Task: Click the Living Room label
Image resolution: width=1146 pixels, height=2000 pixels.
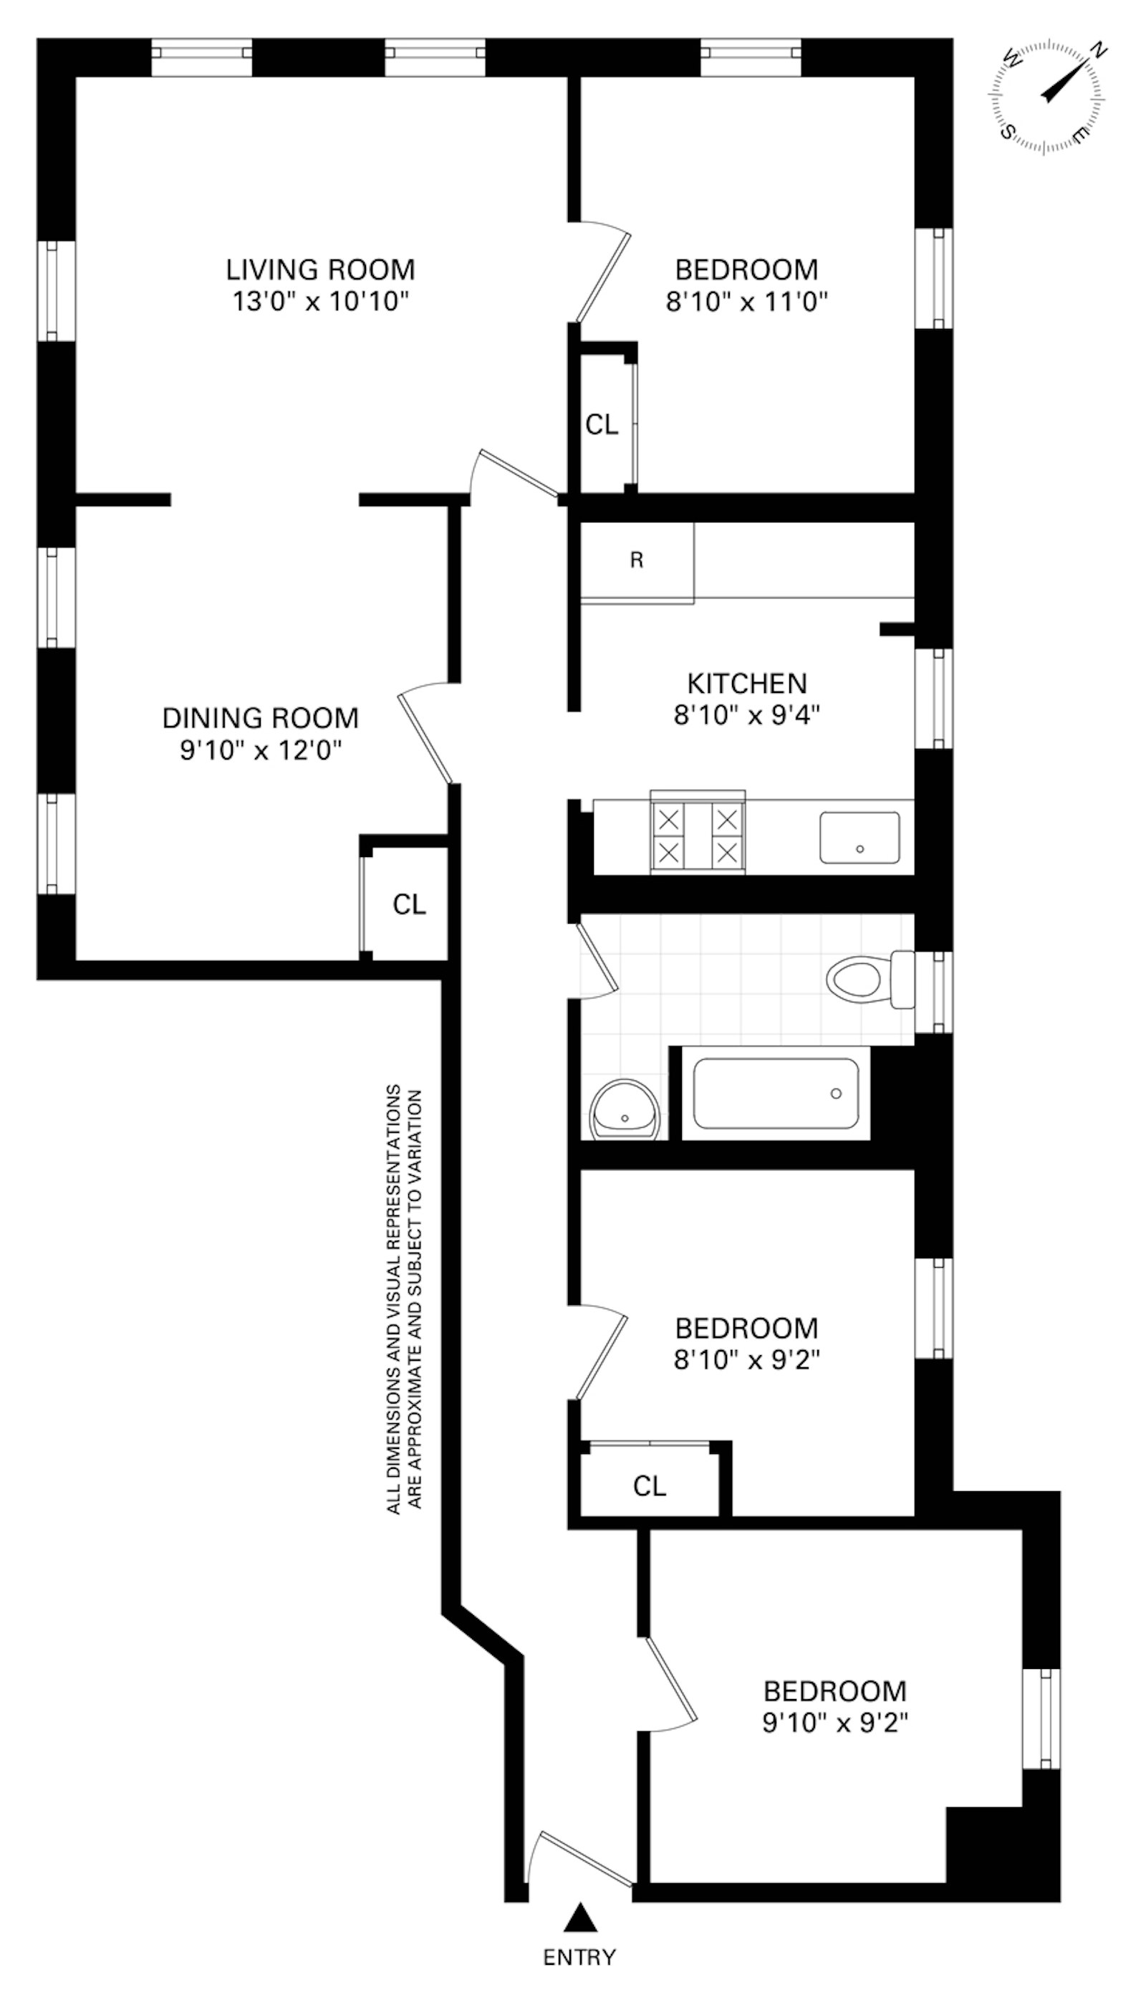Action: click(x=320, y=270)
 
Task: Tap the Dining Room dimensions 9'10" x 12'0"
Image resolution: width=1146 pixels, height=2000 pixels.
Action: click(x=261, y=750)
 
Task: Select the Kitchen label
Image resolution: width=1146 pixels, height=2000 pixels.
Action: click(x=747, y=683)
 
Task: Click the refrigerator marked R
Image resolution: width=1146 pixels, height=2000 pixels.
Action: click(x=637, y=561)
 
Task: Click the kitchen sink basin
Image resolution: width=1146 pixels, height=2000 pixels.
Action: click(x=860, y=837)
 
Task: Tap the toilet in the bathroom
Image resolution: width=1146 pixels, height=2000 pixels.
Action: click(x=866, y=979)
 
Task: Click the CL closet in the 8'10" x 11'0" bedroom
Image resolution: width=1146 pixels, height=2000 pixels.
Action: click(x=602, y=425)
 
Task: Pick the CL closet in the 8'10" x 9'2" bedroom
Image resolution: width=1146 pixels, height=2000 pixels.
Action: click(x=650, y=1487)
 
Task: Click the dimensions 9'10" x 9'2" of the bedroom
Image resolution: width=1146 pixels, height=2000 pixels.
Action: click(x=835, y=1723)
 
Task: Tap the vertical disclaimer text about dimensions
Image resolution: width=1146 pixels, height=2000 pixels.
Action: click(x=405, y=1299)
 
